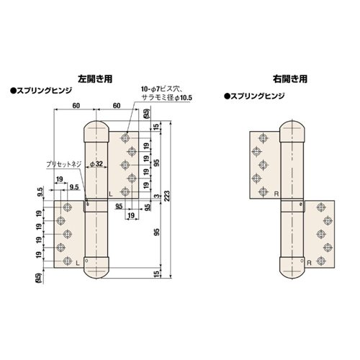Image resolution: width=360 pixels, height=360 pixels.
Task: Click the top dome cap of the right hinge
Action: pyautogui.click(x=292, y=129)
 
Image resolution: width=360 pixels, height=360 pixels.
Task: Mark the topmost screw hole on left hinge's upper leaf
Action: pyautogui.click(x=125, y=136)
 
